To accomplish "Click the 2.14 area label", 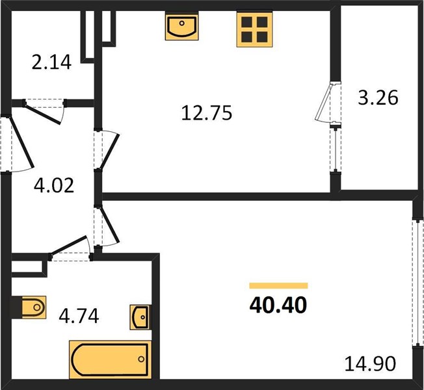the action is coord(51,62).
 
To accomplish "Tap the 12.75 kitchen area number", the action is coord(207,112).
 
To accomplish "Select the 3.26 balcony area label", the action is coord(378,97).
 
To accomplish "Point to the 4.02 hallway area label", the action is coord(54,186).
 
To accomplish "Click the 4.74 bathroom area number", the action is coord(79,316).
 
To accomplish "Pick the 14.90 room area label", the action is coord(370,363).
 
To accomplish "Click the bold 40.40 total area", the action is coord(278,305).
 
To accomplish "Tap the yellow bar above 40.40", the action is coord(278,286).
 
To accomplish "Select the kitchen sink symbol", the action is coord(181,26).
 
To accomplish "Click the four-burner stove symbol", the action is coord(254,29).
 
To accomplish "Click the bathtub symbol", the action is coord(111,359).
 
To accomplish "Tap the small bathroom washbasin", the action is coord(140,317).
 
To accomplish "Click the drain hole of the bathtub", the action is coord(141,359).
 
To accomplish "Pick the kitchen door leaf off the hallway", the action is coord(109,151).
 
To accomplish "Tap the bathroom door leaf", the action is coord(69,245).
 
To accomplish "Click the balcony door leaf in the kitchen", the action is coord(324,103).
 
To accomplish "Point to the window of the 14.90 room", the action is coord(418,283).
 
